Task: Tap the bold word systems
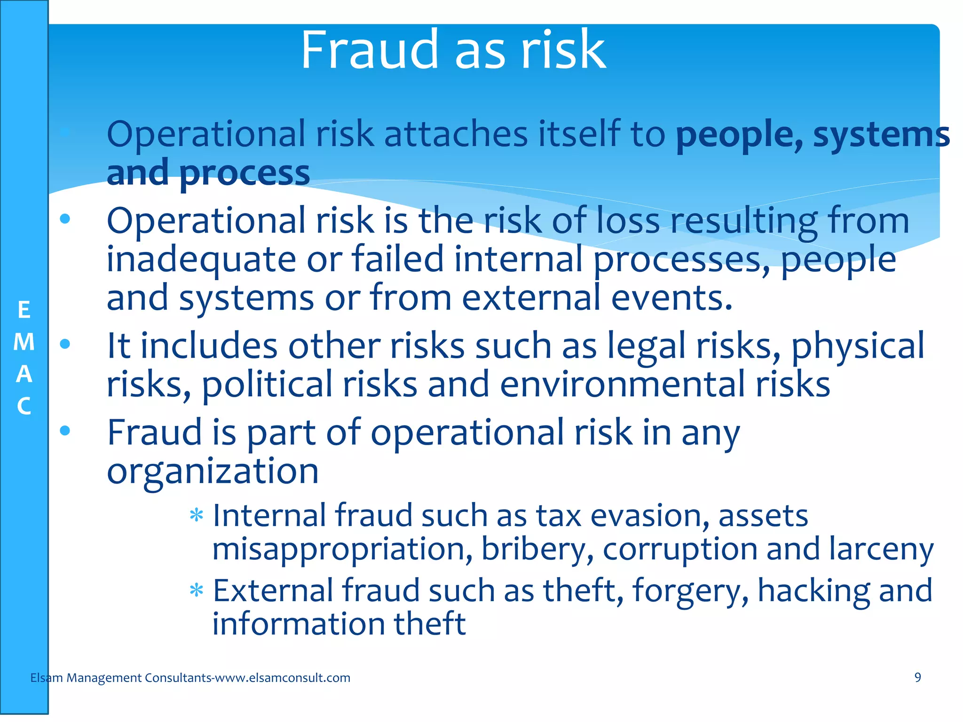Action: click(881, 135)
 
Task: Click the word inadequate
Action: click(201, 259)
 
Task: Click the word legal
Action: click(646, 346)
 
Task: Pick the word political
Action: click(267, 385)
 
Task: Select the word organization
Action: click(213, 471)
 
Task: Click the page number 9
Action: click(917, 677)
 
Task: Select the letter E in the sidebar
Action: click(24, 310)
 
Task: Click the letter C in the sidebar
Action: click(24, 406)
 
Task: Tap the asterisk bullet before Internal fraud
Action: click(196, 516)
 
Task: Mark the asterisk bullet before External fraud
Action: click(196, 590)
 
